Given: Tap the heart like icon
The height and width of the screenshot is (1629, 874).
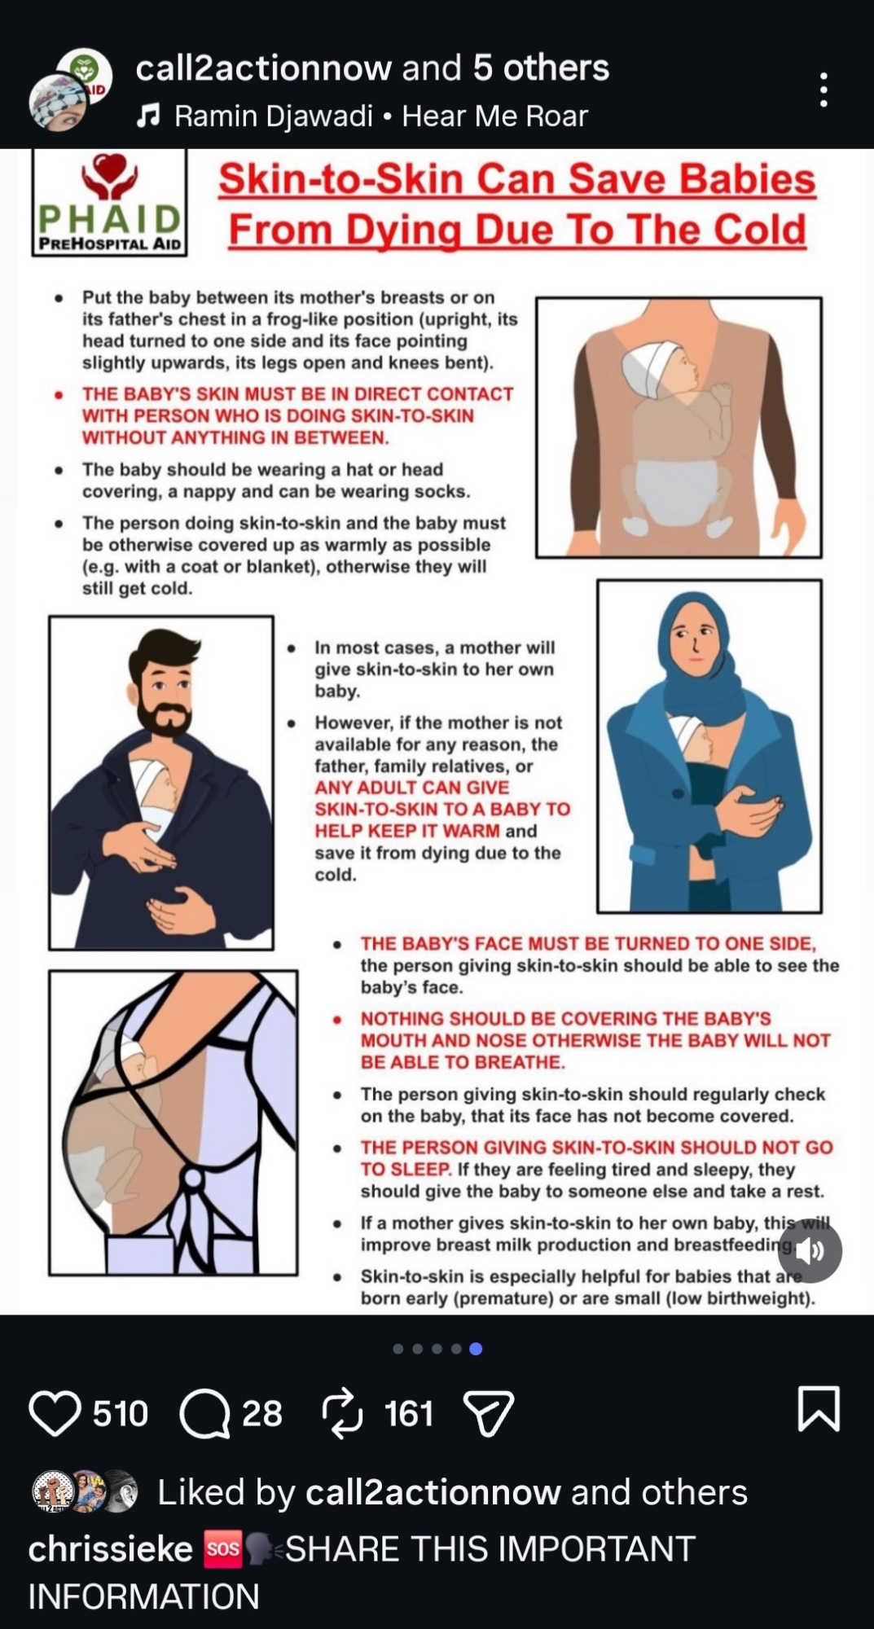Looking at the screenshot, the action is coord(55,1413).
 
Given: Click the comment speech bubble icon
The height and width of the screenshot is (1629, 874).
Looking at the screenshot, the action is coord(205,1413).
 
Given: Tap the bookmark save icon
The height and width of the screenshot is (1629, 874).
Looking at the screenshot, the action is coord(819,1408).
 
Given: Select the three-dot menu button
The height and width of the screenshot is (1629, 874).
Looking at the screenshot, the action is coord(824,90).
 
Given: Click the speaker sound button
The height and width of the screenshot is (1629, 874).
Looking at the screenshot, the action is coord(810,1250).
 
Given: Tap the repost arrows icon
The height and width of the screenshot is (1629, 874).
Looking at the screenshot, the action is coord(343,1412).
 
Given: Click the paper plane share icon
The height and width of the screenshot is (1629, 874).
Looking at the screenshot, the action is coord(488,1413).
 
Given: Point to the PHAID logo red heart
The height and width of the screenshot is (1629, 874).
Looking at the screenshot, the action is coord(110,168).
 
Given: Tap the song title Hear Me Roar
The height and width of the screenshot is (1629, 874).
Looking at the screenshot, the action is coord(495,116).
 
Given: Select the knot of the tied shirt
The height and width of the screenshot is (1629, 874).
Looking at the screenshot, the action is coord(193,1179).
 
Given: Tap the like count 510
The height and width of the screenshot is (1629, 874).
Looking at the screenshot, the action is coord(121,1413).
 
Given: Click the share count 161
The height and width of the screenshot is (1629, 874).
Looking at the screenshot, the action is coord(409,1413).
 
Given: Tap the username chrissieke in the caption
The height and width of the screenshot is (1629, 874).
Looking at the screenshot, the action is coord(110,1549).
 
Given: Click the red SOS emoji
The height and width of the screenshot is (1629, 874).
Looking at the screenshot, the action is coord(222,1549).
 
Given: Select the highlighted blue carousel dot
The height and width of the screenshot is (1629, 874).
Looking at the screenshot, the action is coord(477,1349).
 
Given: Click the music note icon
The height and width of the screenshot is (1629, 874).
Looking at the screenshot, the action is coord(147,116).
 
